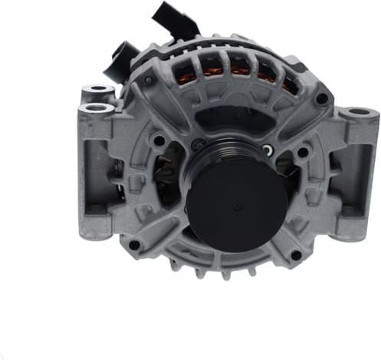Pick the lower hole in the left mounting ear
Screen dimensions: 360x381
pos(96,108)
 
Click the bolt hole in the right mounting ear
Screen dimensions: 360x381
pos(360,114)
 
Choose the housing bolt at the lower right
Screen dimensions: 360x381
pos(295,254)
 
